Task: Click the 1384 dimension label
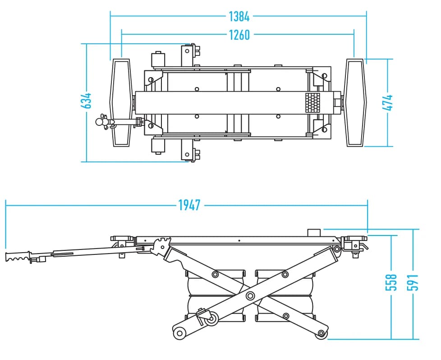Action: pos(239,17)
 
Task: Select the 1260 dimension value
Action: pos(239,35)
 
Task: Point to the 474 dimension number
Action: pos(387,102)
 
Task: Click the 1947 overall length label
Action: pos(189,205)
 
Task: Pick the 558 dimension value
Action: pos(390,282)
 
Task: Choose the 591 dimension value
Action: pos(413,282)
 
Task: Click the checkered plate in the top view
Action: pos(313,103)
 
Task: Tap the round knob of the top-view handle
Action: pos(100,122)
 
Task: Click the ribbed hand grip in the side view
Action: pos(18,256)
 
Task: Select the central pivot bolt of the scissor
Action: pos(250,295)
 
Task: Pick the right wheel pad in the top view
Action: pos(356,102)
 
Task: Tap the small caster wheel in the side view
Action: pos(211,319)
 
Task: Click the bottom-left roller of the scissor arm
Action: pos(179,333)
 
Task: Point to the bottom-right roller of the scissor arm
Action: pos(321,333)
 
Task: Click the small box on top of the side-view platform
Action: pos(314,232)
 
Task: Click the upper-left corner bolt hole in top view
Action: pos(151,80)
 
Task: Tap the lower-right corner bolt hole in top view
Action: pos(324,130)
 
